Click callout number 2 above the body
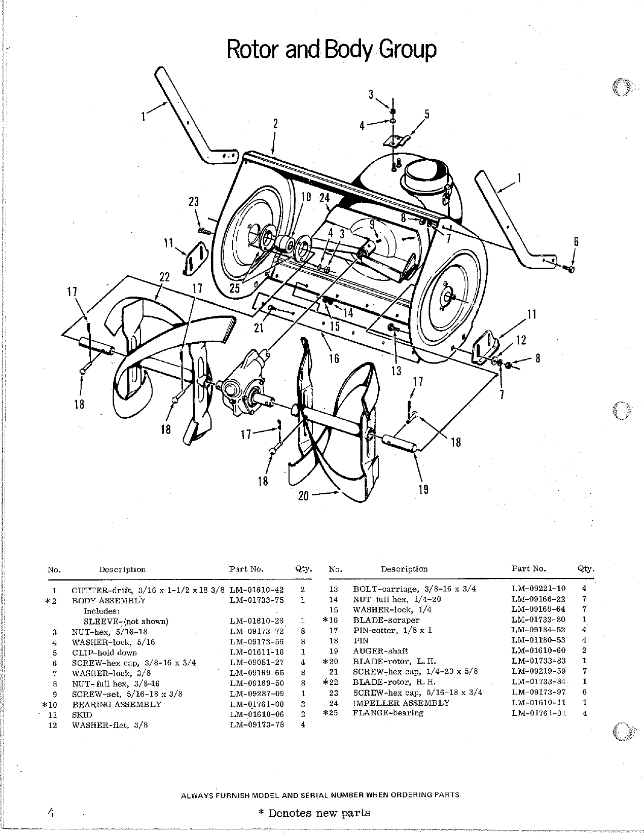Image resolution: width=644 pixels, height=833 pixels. [x=275, y=123]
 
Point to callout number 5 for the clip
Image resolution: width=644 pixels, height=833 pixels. [x=427, y=115]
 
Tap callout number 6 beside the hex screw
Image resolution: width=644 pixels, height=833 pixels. [x=576, y=242]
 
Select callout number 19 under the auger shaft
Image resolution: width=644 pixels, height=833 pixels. [x=423, y=489]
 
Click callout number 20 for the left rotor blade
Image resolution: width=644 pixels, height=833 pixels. [x=303, y=496]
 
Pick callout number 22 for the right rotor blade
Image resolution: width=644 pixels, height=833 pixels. [x=164, y=277]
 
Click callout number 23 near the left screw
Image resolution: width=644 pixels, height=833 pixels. [x=194, y=202]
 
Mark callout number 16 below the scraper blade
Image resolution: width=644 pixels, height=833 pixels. [x=334, y=358]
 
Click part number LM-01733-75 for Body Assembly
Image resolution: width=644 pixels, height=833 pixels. [x=257, y=600]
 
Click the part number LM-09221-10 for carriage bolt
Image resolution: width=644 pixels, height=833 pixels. [x=538, y=589]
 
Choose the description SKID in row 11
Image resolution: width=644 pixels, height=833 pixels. [x=82, y=715]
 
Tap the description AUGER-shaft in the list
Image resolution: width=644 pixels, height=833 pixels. [x=380, y=651]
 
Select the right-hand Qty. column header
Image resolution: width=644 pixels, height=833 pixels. [x=586, y=569]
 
